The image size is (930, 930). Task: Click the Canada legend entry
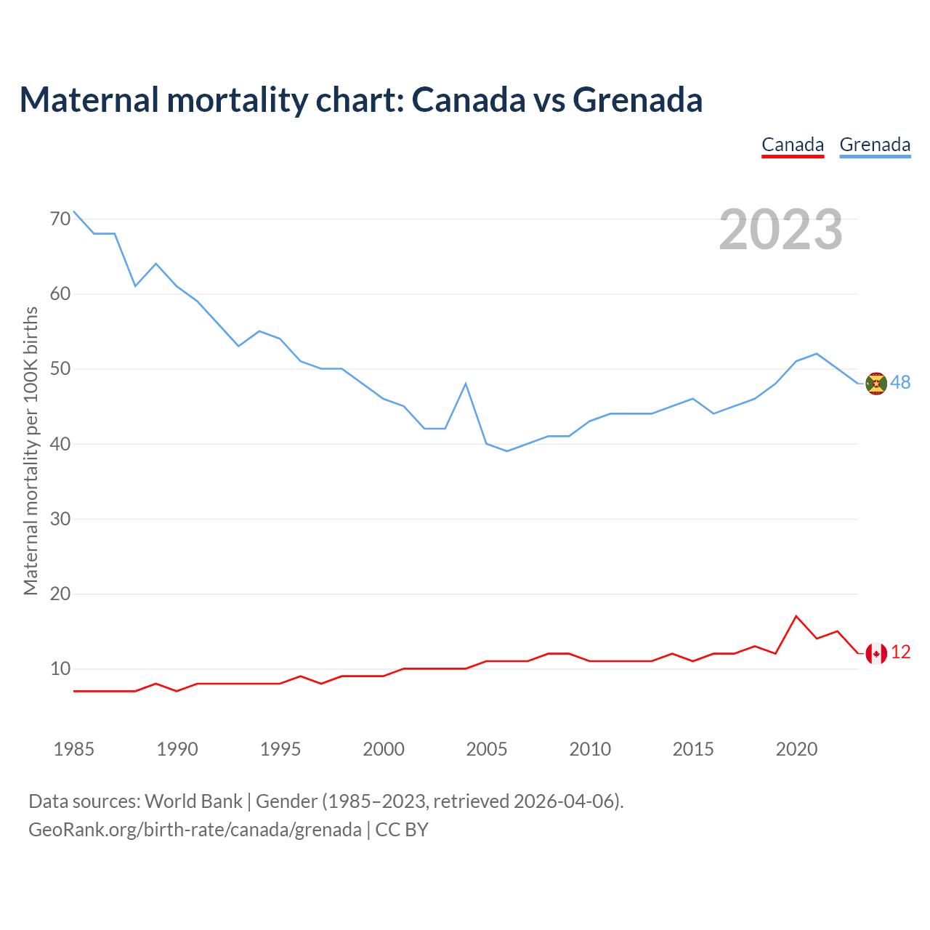coord(793,145)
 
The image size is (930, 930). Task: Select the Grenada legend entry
coord(875,145)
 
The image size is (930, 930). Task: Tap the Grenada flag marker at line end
coord(876,384)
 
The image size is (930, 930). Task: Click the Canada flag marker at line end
coord(876,654)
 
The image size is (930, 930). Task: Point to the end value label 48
coord(900,383)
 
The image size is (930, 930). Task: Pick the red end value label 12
coord(900,652)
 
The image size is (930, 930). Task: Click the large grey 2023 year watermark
coord(780,230)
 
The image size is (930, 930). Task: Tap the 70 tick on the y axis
coord(60,219)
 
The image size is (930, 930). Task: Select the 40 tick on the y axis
coord(60,444)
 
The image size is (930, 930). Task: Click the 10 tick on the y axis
coord(60,668)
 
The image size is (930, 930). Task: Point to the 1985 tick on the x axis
coord(74,749)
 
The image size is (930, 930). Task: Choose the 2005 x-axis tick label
coord(487,749)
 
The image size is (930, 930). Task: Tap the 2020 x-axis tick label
coord(796,749)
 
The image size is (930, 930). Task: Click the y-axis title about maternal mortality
coord(31,450)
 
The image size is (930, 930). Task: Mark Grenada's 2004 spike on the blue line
coord(466,384)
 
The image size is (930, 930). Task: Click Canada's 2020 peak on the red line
coord(796,616)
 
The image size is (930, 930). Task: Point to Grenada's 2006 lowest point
coord(507,451)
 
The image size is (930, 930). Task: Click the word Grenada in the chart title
coord(637,100)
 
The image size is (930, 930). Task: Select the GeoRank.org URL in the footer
coord(195,829)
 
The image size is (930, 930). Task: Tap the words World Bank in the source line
coord(193,801)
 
